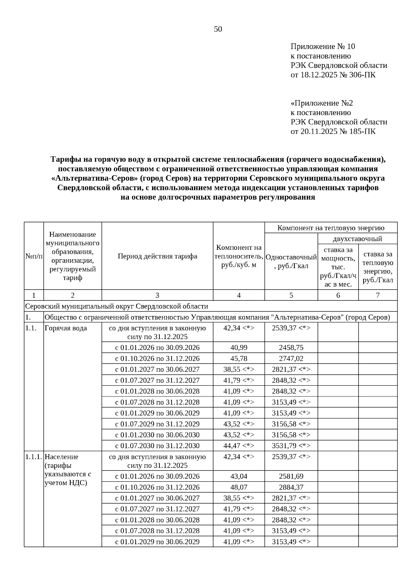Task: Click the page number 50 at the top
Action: click(x=218, y=29)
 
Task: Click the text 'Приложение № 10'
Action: click(x=323, y=46)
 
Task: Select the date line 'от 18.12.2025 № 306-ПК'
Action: click(x=333, y=75)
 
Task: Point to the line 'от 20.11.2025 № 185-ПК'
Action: click(x=333, y=131)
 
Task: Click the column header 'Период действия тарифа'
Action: click(x=157, y=256)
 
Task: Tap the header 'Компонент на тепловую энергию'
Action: click(x=331, y=228)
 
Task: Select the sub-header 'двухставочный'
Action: click(x=357, y=239)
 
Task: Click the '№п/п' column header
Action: click(x=34, y=256)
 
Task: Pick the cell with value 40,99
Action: click(x=239, y=348)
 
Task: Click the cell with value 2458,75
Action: click(x=291, y=348)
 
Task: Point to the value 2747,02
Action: click(x=291, y=358)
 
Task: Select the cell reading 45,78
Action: click(x=239, y=358)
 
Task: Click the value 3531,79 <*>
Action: click(x=291, y=446)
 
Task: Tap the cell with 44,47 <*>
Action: click(x=239, y=446)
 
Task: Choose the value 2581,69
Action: click(x=291, y=476)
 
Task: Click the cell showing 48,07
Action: click(x=239, y=487)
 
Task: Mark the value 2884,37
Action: click(x=291, y=487)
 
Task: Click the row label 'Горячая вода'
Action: click(x=66, y=328)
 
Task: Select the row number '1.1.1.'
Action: click(x=34, y=457)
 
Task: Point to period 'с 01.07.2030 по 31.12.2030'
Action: click(x=157, y=446)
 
